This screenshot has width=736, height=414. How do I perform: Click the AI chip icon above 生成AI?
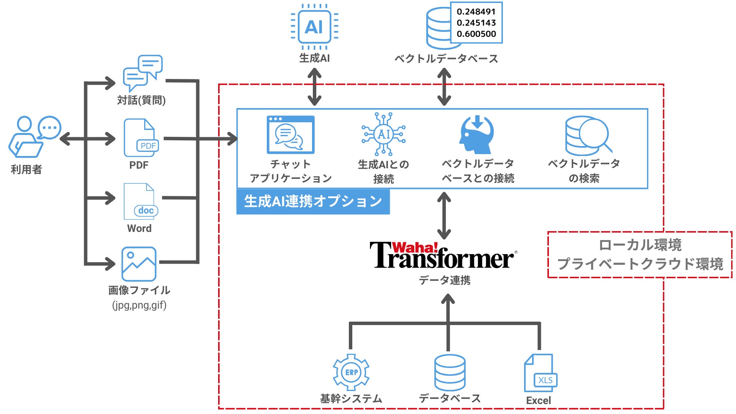[314, 27]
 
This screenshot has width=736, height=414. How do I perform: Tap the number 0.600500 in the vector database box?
[476, 34]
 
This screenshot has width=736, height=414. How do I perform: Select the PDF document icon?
[140, 138]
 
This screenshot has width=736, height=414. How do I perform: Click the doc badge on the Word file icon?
[146, 210]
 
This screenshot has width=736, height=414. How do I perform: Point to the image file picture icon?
[139, 264]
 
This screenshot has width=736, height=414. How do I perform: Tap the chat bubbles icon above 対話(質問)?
[143, 72]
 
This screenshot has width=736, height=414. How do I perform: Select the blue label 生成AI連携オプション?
[313, 201]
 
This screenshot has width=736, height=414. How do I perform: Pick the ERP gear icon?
[351, 372]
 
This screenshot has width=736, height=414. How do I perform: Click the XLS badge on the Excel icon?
[545, 380]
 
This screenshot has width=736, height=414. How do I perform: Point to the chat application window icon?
[291, 135]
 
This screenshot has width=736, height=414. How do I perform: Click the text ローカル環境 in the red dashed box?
[640, 245]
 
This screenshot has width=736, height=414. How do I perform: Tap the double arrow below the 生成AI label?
[314, 87]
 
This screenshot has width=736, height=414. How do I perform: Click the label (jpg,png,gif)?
[139, 306]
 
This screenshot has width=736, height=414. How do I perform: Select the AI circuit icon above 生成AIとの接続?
[383, 134]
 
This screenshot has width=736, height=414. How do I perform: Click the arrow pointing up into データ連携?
[448, 303]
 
